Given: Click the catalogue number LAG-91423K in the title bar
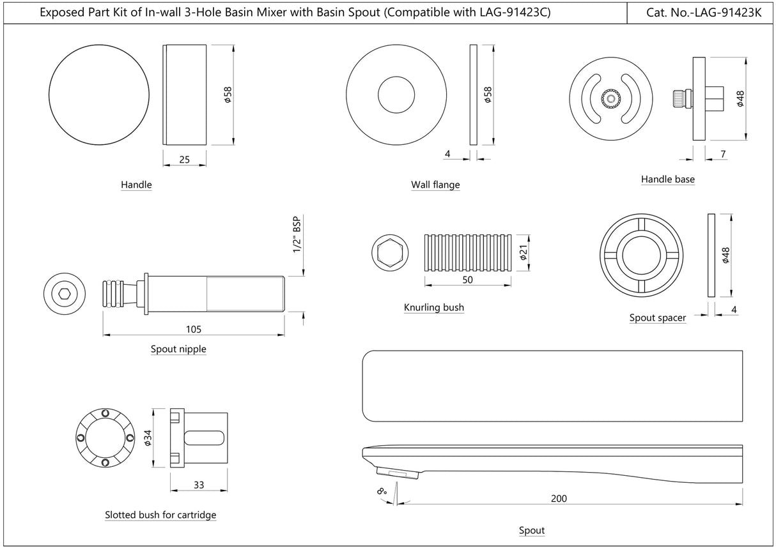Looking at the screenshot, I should [x=701, y=12].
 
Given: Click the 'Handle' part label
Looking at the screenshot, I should [x=136, y=185].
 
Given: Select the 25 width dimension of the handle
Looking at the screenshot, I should [x=184, y=160].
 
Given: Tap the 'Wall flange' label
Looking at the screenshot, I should [x=435, y=185].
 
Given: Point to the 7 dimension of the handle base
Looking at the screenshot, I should [x=722, y=155].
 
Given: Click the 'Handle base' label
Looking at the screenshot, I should [x=667, y=179].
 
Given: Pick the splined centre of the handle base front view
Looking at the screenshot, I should [x=610, y=100].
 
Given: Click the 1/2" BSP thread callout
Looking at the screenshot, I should [x=296, y=234].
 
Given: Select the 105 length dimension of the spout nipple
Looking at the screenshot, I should [x=194, y=329].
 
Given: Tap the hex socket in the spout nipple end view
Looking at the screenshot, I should [x=65, y=294].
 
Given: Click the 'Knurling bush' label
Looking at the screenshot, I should [x=433, y=307].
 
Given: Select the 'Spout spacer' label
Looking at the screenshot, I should [x=657, y=317].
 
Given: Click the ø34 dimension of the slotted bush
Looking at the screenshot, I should [x=148, y=437].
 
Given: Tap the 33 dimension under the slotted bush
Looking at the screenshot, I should [x=198, y=485].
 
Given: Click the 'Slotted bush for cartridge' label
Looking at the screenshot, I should [x=160, y=514].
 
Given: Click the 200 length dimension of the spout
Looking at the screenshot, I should [x=559, y=498].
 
